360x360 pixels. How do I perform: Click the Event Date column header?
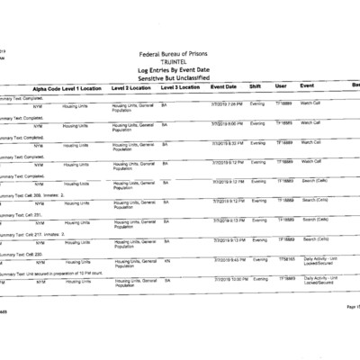tap(224, 87)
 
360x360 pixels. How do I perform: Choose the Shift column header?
tap(256, 87)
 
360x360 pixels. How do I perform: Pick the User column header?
tap(281, 87)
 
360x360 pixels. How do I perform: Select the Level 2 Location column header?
tap(131, 87)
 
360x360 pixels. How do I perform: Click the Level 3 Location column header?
tap(181, 87)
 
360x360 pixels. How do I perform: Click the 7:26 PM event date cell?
tap(228, 104)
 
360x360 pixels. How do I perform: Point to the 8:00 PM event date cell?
tap(228, 123)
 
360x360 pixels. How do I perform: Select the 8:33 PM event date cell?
tap(228, 142)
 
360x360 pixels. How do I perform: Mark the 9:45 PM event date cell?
tap(229, 259)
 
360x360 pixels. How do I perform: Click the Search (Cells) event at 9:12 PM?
tap(317, 201)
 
